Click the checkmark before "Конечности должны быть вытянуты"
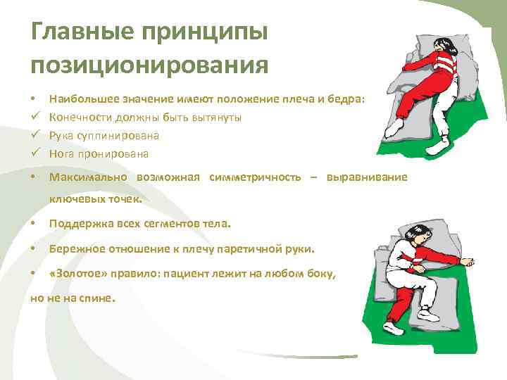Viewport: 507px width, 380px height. coord(35,118)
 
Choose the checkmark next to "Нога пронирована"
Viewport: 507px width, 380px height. coord(35,153)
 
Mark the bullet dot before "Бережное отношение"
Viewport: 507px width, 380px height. coord(34,249)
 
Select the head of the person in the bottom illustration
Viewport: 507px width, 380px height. coord(420,232)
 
